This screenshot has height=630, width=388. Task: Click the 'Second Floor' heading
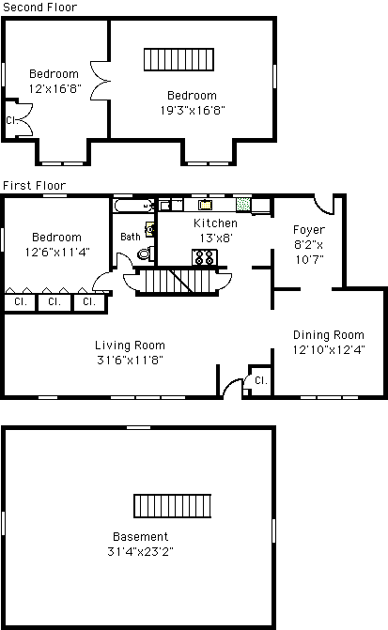[39, 8]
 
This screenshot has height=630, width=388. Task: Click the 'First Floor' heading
[34, 186]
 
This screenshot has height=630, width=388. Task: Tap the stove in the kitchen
[204, 257]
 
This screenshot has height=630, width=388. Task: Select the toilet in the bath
[146, 254]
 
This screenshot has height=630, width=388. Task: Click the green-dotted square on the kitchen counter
[242, 204]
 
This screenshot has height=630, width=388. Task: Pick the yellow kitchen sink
[205, 205]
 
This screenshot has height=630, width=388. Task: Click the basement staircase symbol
[173, 506]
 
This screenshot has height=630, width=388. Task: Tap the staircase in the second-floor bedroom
[178, 59]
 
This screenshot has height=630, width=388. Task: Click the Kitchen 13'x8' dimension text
[216, 238]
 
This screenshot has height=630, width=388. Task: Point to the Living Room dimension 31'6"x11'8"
[130, 360]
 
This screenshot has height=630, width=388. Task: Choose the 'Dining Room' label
[329, 335]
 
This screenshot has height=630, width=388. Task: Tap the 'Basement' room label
[140, 537]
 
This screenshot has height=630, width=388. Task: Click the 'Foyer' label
[309, 230]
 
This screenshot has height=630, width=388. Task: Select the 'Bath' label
[131, 237]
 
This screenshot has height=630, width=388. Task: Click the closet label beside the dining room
[261, 380]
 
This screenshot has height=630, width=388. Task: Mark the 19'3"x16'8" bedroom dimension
[193, 110]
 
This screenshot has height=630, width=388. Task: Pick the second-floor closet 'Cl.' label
[11, 120]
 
